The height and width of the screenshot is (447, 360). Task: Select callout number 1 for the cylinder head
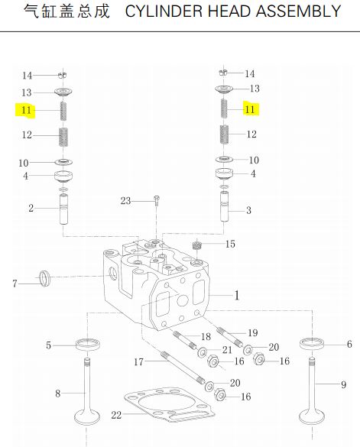pyautogui.click(x=237, y=296)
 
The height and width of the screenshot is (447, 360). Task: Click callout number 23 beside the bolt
pyautogui.click(x=125, y=201)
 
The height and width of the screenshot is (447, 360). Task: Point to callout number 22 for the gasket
pyautogui.click(x=116, y=415)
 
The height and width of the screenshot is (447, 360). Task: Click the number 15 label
pyautogui.click(x=230, y=244)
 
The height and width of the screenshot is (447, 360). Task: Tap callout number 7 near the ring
pyautogui.click(x=15, y=283)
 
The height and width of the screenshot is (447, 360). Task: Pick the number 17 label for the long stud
pyautogui.click(x=138, y=362)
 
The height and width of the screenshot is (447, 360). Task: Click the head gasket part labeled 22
pyautogui.click(x=170, y=405)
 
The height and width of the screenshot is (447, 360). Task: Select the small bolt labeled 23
pyautogui.click(x=157, y=200)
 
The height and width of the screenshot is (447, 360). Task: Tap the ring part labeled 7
pyautogui.click(x=45, y=279)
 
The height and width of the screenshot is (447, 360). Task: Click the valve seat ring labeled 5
pyautogui.click(x=88, y=344)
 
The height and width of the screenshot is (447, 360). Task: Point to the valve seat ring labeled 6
pyautogui.click(x=313, y=344)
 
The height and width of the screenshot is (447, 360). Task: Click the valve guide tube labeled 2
pyautogui.click(x=63, y=209)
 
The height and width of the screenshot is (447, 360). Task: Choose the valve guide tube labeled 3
pyautogui.click(x=224, y=206)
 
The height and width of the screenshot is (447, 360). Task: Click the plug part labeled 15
pyautogui.click(x=196, y=245)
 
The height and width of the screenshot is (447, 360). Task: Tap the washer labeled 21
pyautogui.click(x=203, y=352)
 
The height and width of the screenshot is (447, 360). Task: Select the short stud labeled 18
pyautogui.click(x=184, y=339)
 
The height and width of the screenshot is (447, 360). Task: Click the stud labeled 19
pyautogui.click(x=229, y=338)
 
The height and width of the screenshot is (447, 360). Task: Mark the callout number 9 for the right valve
pyautogui.click(x=343, y=385)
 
